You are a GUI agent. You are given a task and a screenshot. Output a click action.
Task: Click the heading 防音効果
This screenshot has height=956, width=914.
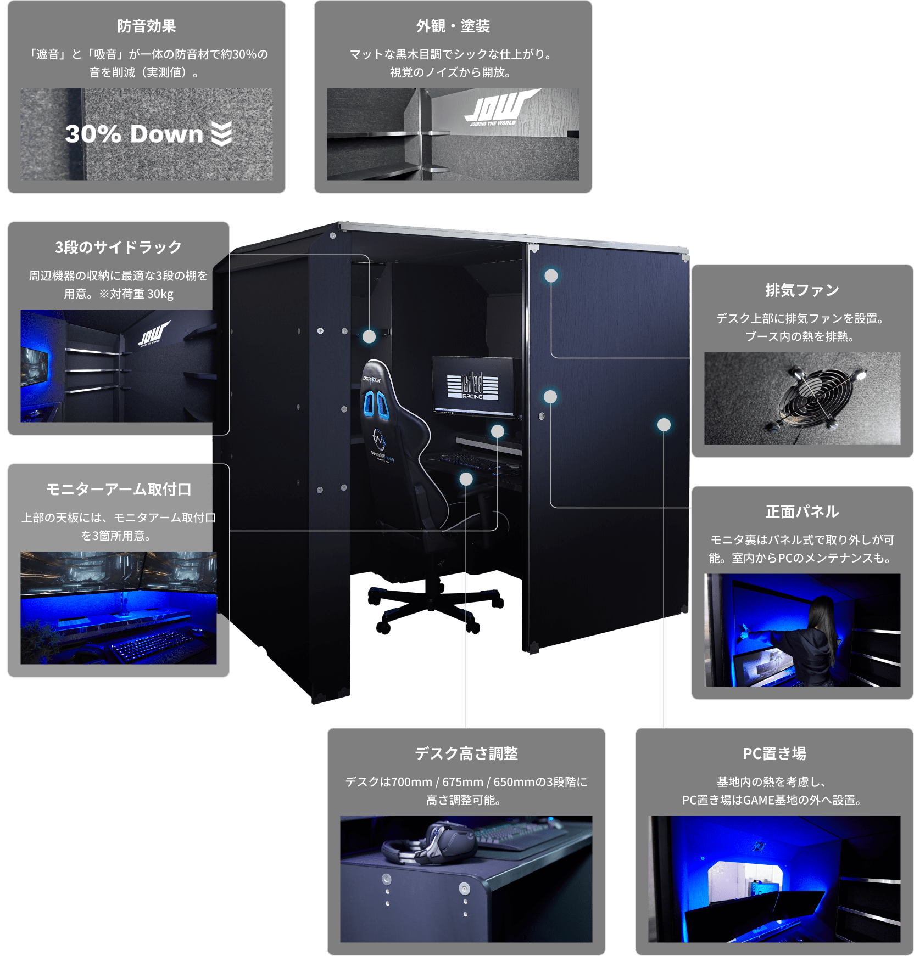146,26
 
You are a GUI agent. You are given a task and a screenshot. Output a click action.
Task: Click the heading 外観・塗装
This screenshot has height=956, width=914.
453,26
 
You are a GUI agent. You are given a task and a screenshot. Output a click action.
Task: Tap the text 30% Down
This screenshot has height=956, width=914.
134,134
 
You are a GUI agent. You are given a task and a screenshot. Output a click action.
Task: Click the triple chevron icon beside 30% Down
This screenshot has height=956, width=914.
222,134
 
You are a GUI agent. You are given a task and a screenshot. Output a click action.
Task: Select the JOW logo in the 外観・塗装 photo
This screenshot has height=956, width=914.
500,107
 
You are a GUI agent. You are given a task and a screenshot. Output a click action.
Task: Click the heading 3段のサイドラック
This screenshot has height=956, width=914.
118,247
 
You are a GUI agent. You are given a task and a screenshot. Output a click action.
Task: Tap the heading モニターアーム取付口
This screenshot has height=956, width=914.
118,489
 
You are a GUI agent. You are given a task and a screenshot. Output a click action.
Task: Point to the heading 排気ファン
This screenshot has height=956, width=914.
802,290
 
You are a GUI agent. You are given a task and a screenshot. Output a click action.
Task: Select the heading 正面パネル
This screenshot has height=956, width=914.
802,511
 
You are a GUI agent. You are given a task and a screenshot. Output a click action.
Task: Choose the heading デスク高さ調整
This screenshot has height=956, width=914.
466,753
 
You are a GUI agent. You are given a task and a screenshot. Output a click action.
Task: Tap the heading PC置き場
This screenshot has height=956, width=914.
774,753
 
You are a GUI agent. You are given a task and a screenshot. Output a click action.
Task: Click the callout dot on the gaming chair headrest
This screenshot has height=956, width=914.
369,336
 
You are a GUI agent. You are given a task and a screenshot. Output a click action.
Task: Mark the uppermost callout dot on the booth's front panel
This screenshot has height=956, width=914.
551,275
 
